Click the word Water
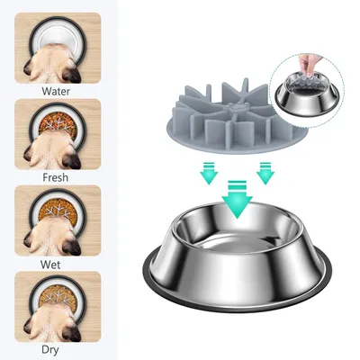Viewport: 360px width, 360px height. point(56,91)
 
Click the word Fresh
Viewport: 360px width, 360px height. point(56,177)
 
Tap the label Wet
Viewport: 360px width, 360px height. point(50,265)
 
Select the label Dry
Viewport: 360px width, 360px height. point(50,350)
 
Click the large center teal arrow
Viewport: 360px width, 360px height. point(237,199)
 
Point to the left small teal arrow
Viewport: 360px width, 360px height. point(209,173)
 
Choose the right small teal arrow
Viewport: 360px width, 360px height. point(265,173)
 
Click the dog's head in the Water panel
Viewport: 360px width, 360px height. point(53,65)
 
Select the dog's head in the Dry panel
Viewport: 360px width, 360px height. point(53,323)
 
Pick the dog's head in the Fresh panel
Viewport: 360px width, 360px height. point(53,151)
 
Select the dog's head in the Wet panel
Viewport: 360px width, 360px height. point(53,237)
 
